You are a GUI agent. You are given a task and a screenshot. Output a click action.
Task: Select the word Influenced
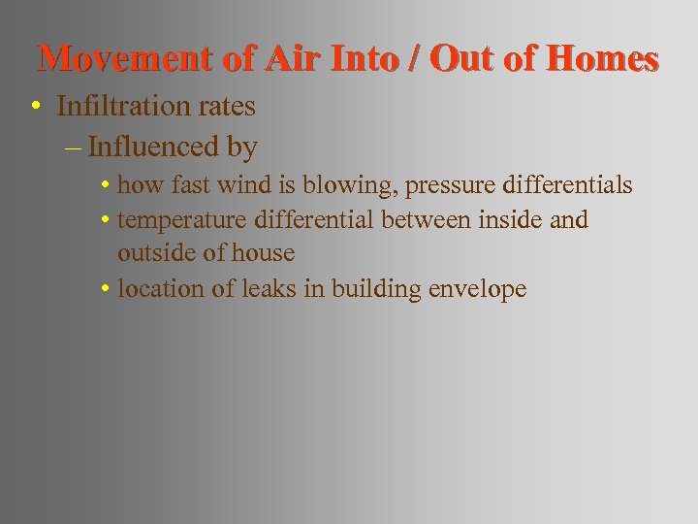[x=158, y=147]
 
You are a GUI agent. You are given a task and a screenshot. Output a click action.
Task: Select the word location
[x=155, y=288]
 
